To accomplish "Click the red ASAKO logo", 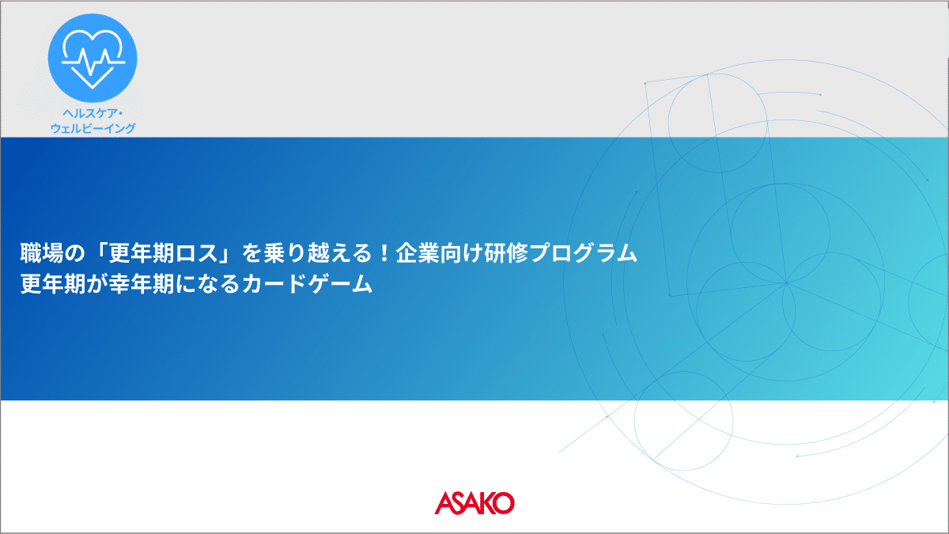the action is coord(475,503).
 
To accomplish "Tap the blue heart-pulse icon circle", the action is coord(93,58).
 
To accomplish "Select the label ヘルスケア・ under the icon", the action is coord(93,113).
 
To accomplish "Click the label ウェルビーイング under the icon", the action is coord(93,128).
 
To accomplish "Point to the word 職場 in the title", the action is coord(41,253).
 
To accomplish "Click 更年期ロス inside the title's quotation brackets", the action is coord(163,253).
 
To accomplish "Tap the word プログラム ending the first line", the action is coord(583,253).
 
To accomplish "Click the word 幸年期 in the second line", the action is coord(141,284).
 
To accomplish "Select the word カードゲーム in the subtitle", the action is coord(307,284).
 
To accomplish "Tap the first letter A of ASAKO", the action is coord(444,503).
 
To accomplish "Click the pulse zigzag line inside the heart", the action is coord(93,62).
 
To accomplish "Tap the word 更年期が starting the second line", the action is coord(63,284).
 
